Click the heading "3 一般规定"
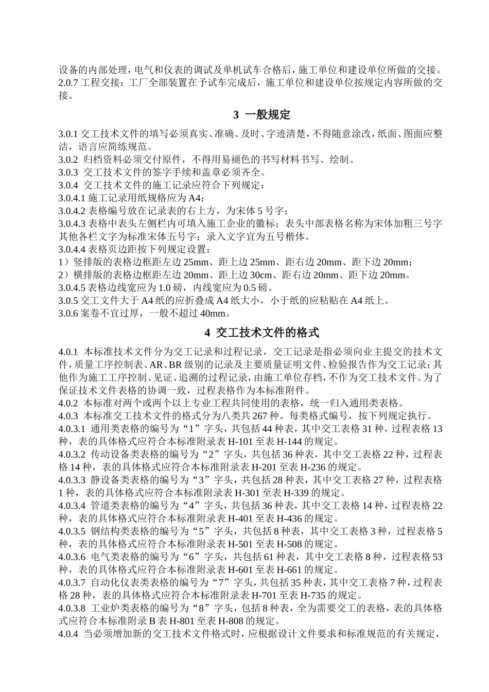coord(262,114)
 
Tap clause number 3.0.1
coord(68,134)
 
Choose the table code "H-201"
coord(264,467)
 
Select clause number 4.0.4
coord(68,634)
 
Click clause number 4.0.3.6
coord(72,557)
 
